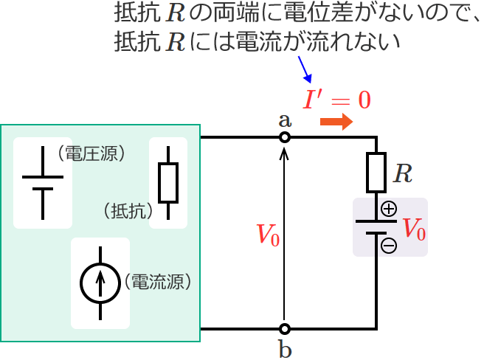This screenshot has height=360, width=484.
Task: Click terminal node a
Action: pyautogui.click(x=285, y=137)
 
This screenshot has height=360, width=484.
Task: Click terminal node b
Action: pyautogui.click(x=285, y=328)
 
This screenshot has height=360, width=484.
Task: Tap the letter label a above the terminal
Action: pyautogui.click(x=285, y=120)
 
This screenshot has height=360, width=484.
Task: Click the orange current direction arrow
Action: pyautogui.click(x=336, y=123)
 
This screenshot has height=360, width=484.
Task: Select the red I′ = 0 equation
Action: pyautogui.click(x=337, y=100)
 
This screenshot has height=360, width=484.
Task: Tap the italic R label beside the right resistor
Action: pyautogui.click(x=402, y=174)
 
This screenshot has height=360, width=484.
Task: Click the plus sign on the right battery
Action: pyautogui.click(x=389, y=210)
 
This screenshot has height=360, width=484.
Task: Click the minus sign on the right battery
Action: pyautogui.click(x=389, y=246)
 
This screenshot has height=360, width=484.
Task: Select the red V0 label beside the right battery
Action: pyautogui.click(x=413, y=229)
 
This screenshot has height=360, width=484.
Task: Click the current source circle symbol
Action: pyautogui.click(x=100, y=282)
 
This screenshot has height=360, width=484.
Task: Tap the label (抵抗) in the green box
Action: pyautogui.click(x=127, y=210)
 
